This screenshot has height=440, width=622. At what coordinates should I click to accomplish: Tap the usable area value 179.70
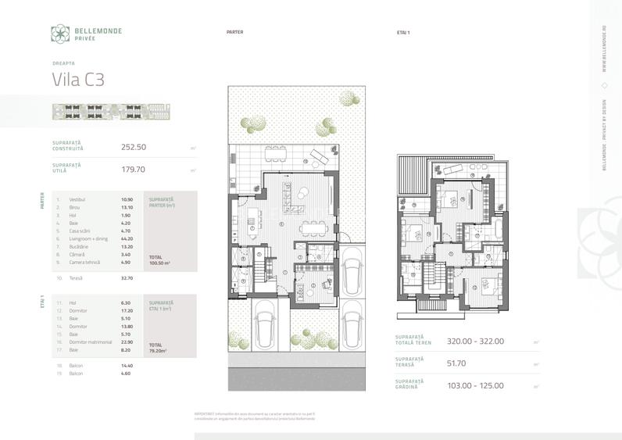click(134, 168)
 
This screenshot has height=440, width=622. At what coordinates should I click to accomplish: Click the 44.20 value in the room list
click(127, 238)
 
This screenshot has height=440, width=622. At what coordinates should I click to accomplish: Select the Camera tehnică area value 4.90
click(127, 262)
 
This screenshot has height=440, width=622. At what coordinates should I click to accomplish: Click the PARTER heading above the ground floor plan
click(234, 33)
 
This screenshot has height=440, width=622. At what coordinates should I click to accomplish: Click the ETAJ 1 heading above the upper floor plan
click(404, 33)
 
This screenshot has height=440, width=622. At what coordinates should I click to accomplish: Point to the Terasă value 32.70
click(127, 277)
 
